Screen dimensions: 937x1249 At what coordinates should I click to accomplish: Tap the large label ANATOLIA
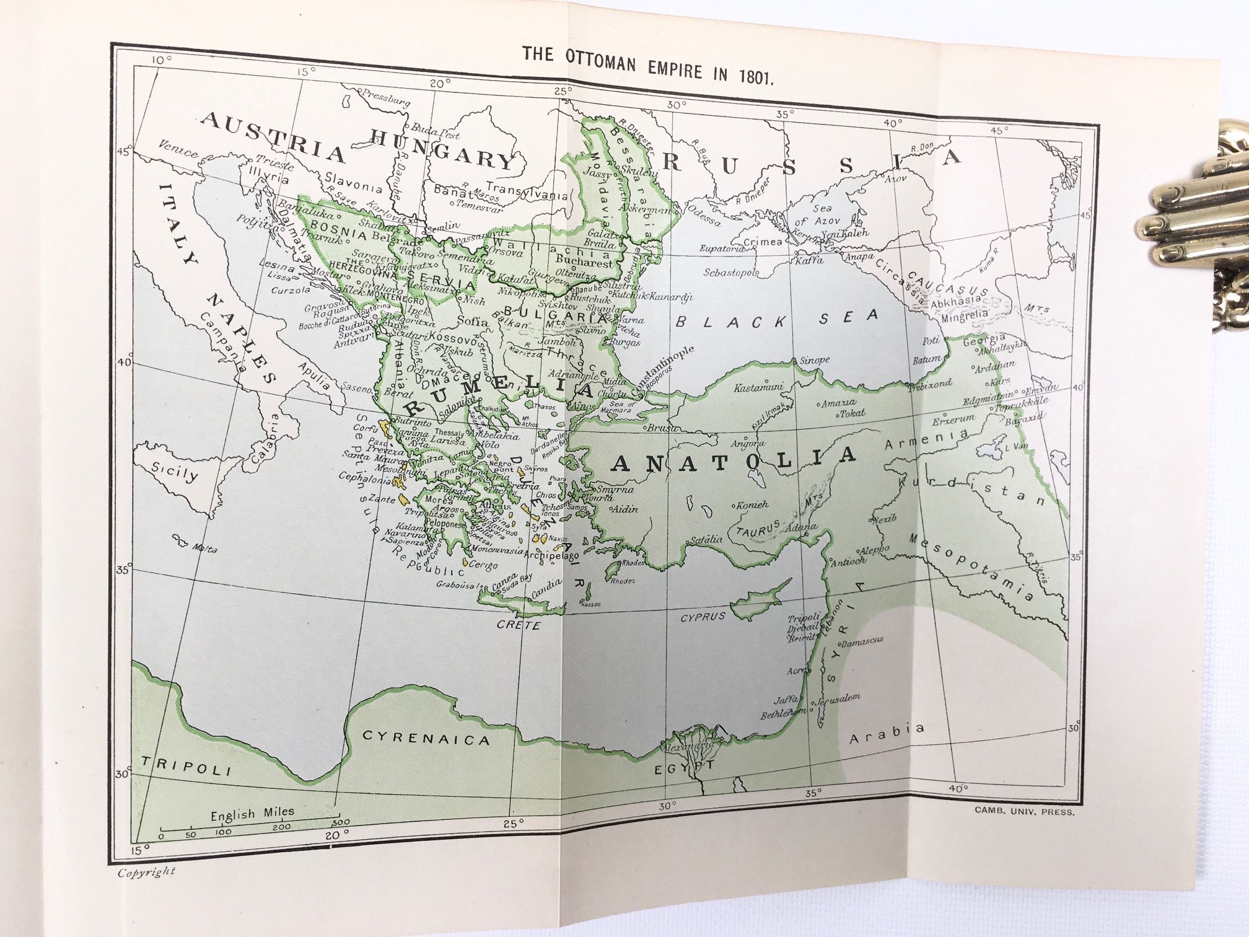pos(735,461)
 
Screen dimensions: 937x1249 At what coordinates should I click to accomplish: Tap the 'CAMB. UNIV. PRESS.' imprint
pos(1024,810)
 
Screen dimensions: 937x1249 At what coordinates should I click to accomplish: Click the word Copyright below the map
pos(146,871)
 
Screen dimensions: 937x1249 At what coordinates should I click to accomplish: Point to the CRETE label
pos(519,625)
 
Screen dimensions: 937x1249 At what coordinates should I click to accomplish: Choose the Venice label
pos(178,149)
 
